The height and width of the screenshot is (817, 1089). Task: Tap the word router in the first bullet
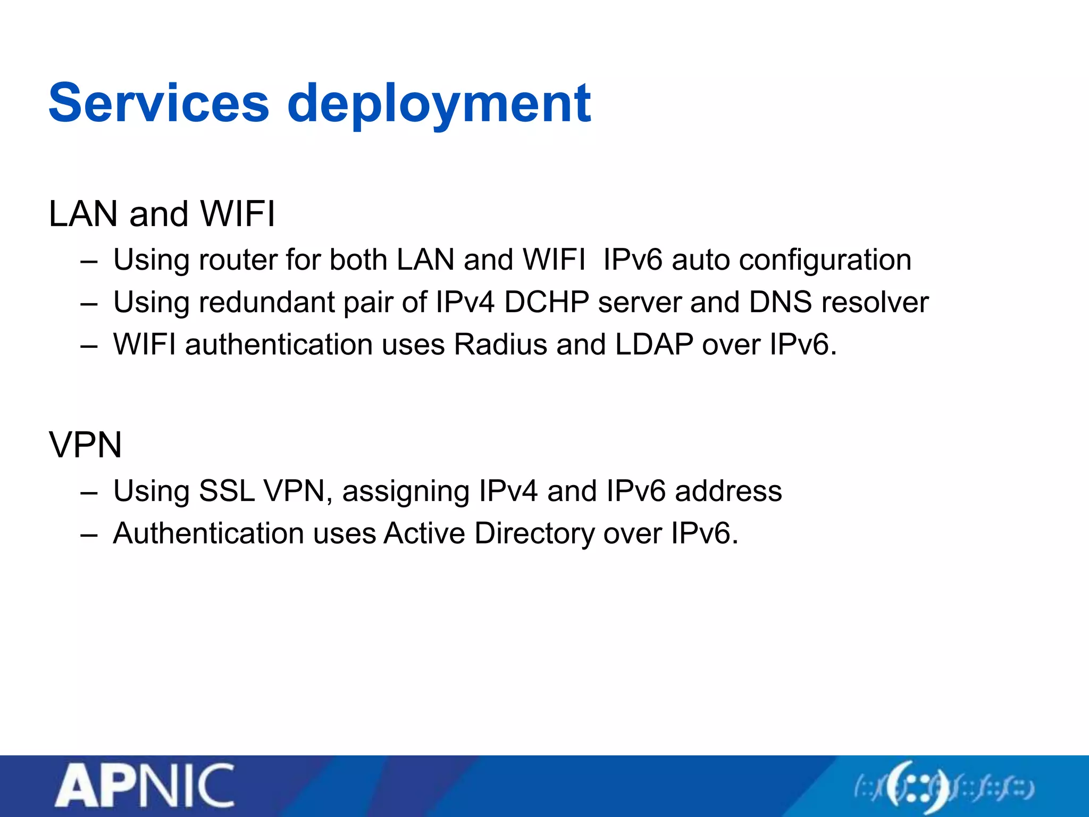coord(238,260)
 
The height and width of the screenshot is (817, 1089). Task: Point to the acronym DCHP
coord(546,302)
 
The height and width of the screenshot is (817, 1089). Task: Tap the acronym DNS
coord(780,302)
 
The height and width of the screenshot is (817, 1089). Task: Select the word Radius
coord(500,345)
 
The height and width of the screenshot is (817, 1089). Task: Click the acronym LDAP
coord(654,345)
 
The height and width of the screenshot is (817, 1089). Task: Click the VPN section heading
coord(85,445)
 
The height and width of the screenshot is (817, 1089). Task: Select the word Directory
coord(534,533)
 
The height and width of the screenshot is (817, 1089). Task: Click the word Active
coord(424,533)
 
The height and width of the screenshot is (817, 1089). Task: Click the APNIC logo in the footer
coord(145,785)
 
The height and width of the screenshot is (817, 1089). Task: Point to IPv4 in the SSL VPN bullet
coord(508,491)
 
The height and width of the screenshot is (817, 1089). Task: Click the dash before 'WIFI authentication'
coord(89,346)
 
